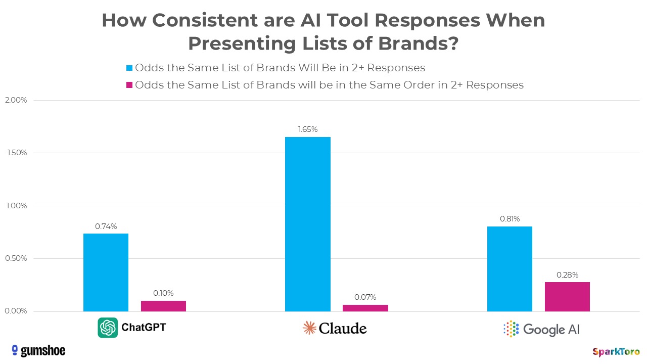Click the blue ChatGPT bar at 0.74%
106,272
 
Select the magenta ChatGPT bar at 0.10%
163,306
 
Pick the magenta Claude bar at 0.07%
365,308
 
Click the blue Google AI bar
510,268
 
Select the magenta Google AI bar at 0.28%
567,297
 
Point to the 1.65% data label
307,129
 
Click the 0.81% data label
510,219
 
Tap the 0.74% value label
106,226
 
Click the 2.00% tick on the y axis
16,100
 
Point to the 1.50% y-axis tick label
16,153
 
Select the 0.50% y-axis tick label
16,259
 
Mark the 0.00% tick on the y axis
16,311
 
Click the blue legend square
129,68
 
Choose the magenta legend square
129,85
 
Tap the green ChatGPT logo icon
108,328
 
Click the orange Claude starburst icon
309,328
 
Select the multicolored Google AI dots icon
511,329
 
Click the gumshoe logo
38,350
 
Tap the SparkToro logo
616,351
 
